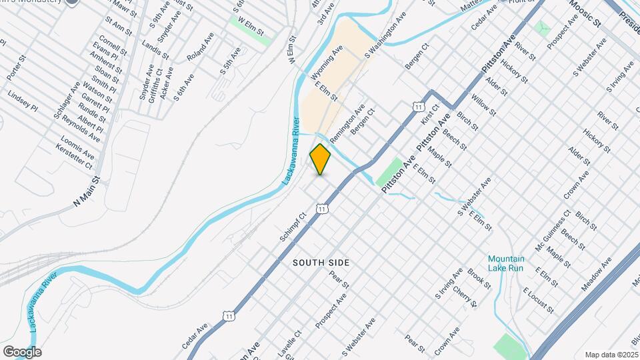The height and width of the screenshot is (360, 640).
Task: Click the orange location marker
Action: (x=321, y=159)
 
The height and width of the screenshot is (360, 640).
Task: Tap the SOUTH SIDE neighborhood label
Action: (x=321, y=263)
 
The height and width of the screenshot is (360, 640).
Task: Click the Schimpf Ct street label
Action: (x=293, y=227)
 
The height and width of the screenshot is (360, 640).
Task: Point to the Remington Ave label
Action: (x=347, y=121)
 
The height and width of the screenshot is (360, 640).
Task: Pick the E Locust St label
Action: (x=538, y=300)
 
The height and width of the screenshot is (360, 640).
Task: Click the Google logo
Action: (x=22, y=351)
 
